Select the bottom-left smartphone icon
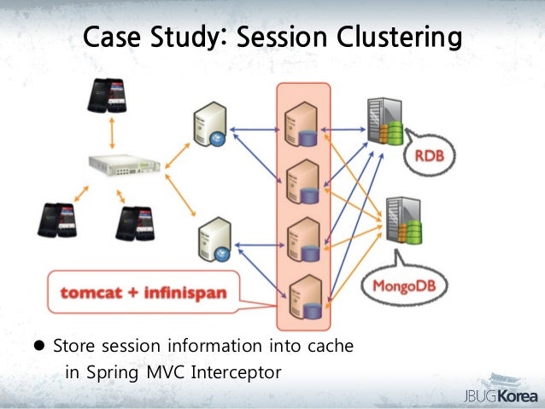tap(56, 221)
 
